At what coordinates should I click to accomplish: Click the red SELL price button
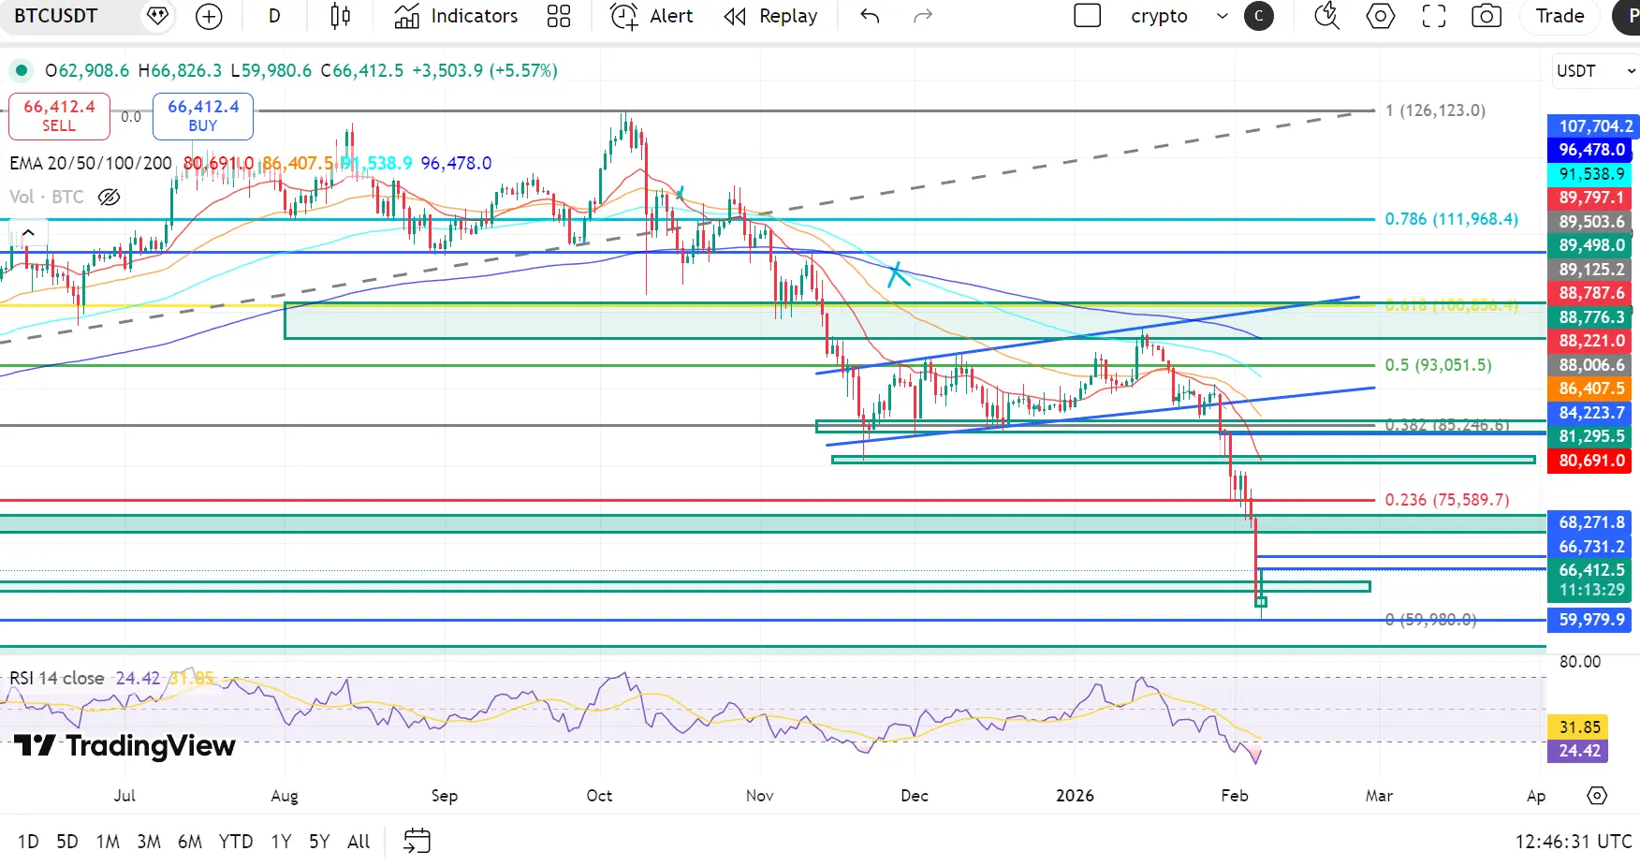(x=59, y=116)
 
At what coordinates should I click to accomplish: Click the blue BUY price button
(x=203, y=116)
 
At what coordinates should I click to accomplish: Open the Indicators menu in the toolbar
(x=456, y=16)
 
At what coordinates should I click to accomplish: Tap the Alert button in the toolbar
(x=652, y=16)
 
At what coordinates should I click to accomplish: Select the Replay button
(x=770, y=16)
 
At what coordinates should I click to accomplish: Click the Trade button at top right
(x=1559, y=16)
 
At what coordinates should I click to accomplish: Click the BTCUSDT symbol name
(x=56, y=16)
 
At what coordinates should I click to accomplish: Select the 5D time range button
(x=67, y=842)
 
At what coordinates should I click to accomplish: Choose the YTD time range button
(x=236, y=842)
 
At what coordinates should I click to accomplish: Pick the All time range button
(x=359, y=842)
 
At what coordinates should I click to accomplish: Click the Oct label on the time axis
(x=599, y=796)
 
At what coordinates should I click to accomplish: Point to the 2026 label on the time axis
(x=1075, y=796)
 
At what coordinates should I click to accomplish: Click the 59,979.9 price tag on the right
(x=1591, y=620)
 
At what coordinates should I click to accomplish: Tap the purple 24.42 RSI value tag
(x=1579, y=751)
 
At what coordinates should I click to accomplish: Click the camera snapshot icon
(x=1486, y=16)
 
